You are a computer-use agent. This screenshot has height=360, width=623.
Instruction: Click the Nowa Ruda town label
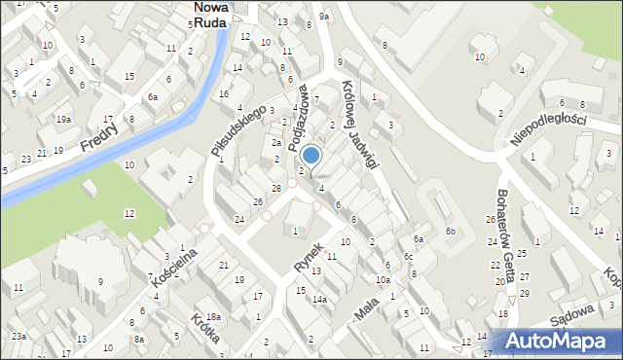(211, 13)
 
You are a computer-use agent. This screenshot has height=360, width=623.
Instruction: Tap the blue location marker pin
(311, 156)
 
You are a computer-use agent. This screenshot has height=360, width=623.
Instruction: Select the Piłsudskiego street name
(239, 129)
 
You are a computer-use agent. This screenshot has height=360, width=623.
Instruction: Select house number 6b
(450, 231)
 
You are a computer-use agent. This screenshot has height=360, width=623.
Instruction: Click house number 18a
(213, 317)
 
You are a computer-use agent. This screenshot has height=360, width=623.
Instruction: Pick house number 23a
(18, 336)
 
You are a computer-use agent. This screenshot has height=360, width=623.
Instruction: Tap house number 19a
(63, 120)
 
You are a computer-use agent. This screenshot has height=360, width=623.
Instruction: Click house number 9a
(325, 16)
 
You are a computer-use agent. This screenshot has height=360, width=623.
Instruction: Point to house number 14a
(318, 300)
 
